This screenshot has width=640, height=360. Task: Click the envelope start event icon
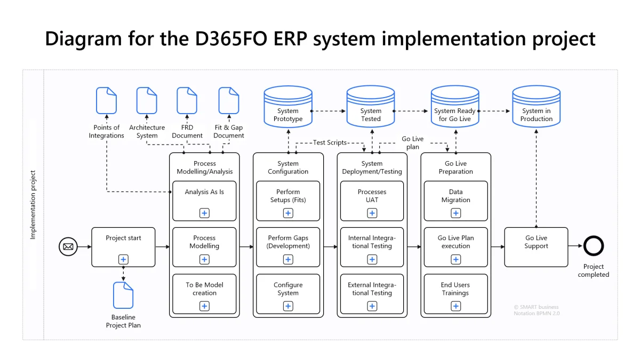tap(68, 246)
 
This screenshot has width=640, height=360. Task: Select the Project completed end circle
tap(593, 246)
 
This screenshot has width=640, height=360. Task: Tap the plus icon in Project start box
tap(123, 260)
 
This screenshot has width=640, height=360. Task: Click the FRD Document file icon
tap(187, 101)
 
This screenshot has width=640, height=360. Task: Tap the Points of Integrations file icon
tap(106, 101)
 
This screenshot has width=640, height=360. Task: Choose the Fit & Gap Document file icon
tap(229, 101)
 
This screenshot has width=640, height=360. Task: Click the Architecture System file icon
tap(147, 101)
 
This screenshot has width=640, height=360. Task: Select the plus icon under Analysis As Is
tap(204, 213)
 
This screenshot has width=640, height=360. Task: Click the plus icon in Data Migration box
tap(456, 213)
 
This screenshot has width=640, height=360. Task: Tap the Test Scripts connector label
tap(330, 143)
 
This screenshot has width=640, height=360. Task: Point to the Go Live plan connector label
tap(412, 143)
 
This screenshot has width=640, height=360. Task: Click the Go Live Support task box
tap(536, 246)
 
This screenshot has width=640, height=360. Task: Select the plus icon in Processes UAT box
tap(372, 213)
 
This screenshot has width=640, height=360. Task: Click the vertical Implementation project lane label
tap(33, 205)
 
